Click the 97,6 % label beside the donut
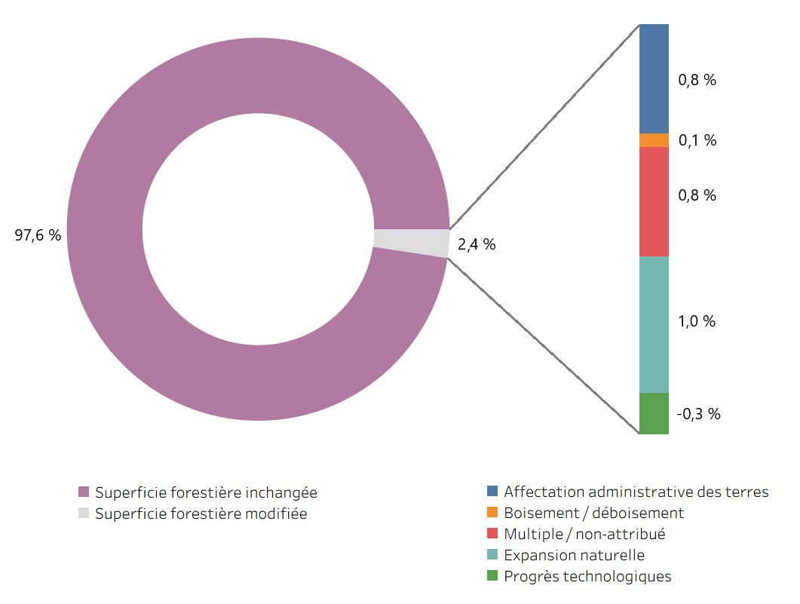[x=38, y=235]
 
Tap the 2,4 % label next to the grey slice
[x=477, y=244]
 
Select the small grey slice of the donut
[x=412, y=242]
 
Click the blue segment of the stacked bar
[x=654, y=78]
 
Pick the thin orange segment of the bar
[x=654, y=140]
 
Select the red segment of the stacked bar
[x=654, y=201]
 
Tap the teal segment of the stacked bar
[x=654, y=324]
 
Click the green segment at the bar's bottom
[x=654, y=413]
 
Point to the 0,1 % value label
[x=697, y=140]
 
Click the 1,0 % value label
[x=697, y=321]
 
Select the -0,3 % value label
[x=698, y=414]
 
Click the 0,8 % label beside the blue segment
[x=697, y=81]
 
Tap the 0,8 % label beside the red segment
[x=697, y=195]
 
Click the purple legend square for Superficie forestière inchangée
[x=84, y=492]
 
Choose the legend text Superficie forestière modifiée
[x=201, y=514]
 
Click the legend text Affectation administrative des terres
[x=636, y=492]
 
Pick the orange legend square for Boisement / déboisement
[x=492, y=513]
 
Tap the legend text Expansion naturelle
[x=574, y=555]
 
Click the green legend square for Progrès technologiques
[x=492, y=576]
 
